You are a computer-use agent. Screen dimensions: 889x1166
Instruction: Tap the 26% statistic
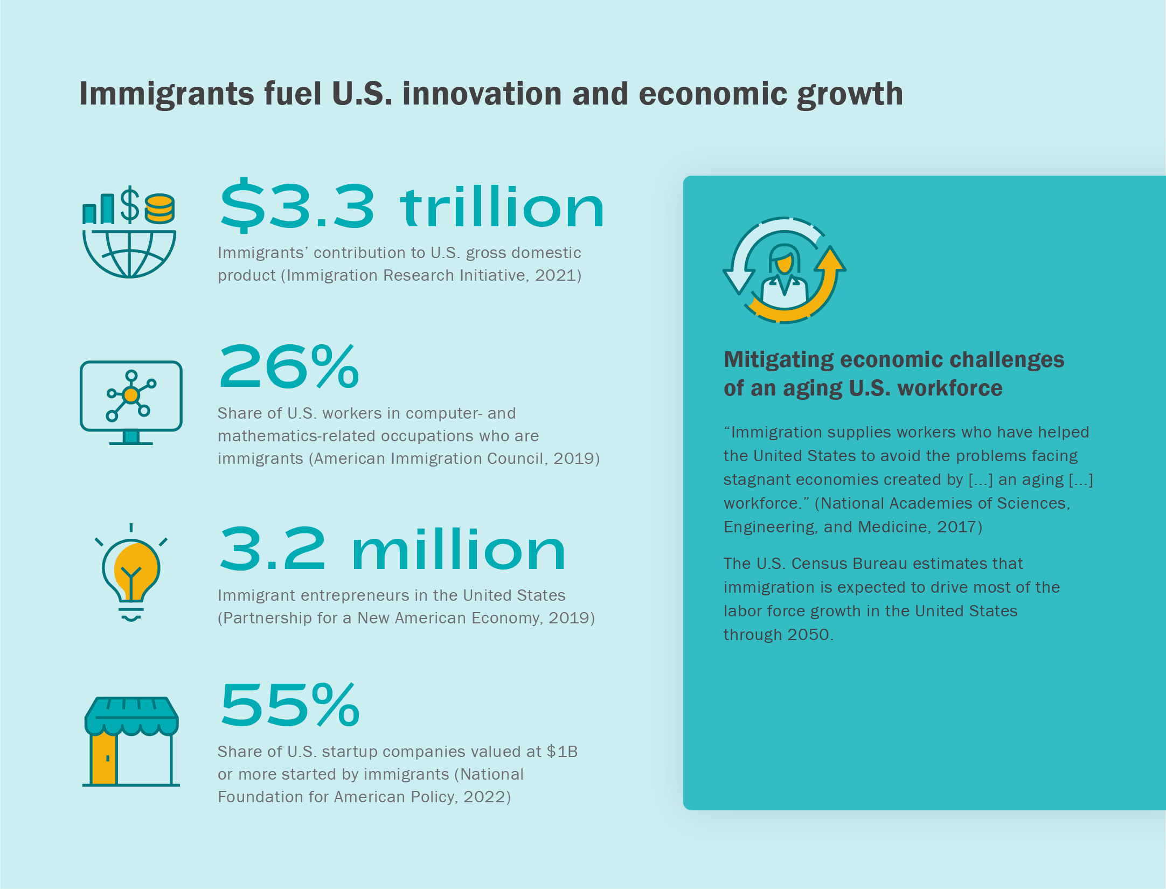289,367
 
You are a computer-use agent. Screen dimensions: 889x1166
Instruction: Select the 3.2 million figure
392,550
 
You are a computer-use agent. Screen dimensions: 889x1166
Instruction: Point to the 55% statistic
290,705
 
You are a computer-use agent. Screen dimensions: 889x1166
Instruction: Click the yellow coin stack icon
159,209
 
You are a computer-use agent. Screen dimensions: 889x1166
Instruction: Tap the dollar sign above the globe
130,205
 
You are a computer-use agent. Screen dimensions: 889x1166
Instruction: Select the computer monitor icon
131,401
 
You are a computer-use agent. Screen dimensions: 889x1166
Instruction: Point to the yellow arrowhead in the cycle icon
830,260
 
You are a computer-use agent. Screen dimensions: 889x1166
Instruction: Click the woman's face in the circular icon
784,262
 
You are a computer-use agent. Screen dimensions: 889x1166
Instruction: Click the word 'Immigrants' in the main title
166,94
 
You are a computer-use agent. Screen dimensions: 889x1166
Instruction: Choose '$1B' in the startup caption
562,752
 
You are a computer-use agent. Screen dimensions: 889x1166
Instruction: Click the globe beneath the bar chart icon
129,253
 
